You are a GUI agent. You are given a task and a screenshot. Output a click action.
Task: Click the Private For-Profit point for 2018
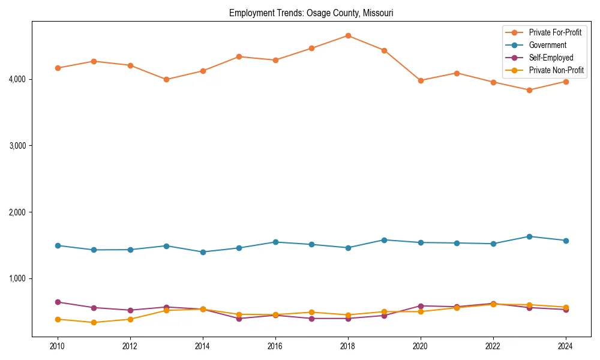(348, 35)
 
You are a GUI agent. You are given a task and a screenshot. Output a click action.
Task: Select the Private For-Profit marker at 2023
(529, 90)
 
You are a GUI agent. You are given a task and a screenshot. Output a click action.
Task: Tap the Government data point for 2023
(529, 236)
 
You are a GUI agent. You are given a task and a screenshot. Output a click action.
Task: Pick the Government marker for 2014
(203, 252)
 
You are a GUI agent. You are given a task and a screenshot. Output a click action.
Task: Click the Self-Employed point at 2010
(58, 302)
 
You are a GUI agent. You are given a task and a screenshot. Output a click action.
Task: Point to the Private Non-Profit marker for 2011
(94, 323)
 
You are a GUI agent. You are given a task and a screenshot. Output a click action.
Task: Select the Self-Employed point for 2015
(239, 319)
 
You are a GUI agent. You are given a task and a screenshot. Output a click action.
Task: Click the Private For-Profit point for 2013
(166, 79)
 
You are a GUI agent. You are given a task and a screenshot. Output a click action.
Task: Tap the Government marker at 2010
(58, 245)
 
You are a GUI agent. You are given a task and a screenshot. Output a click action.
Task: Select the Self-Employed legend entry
(551, 58)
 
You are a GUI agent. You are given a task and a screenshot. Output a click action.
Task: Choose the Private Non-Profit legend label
(556, 70)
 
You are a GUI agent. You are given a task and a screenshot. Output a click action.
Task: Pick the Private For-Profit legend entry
(555, 32)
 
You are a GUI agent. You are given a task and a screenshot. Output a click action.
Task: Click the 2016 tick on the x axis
(275, 346)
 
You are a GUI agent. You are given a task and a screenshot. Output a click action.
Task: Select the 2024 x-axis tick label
(565, 346)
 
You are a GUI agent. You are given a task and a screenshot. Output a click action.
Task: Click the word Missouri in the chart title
(378, 13)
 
